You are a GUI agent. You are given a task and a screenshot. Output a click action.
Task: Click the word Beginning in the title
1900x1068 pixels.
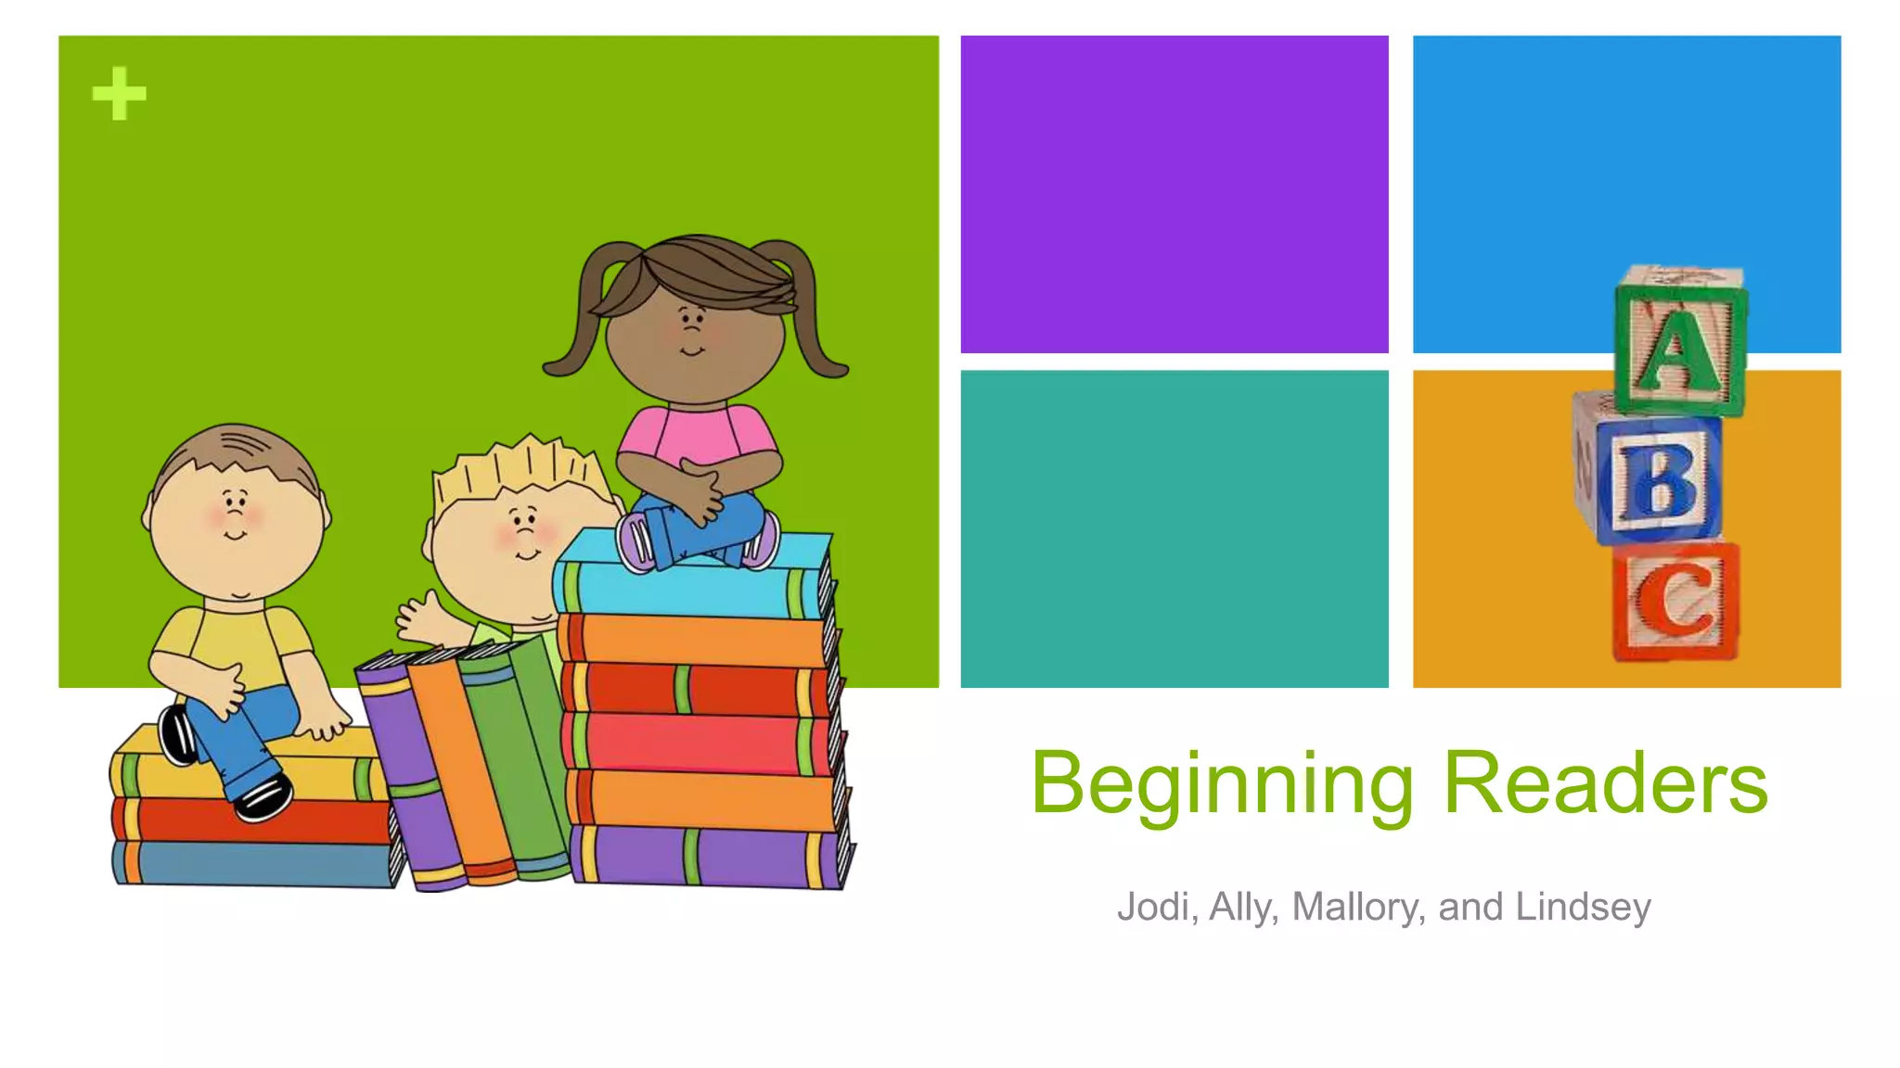tap(1223, 784)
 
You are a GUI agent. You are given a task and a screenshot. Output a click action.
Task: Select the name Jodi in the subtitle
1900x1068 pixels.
tap(1151, 907)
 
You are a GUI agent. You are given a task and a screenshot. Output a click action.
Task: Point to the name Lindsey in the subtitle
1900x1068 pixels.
tap(1583, 907)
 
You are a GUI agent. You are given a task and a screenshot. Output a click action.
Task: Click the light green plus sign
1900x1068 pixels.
tap(119, 94)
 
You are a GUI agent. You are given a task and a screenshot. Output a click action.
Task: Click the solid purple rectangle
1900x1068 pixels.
tap(1174, 194)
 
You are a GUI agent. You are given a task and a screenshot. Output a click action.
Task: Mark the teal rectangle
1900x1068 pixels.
tap(1174, 528)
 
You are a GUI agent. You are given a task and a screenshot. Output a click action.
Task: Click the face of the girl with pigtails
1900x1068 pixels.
tap(694, 338)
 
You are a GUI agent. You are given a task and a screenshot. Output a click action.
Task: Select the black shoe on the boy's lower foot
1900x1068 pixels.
tap(263, 797)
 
